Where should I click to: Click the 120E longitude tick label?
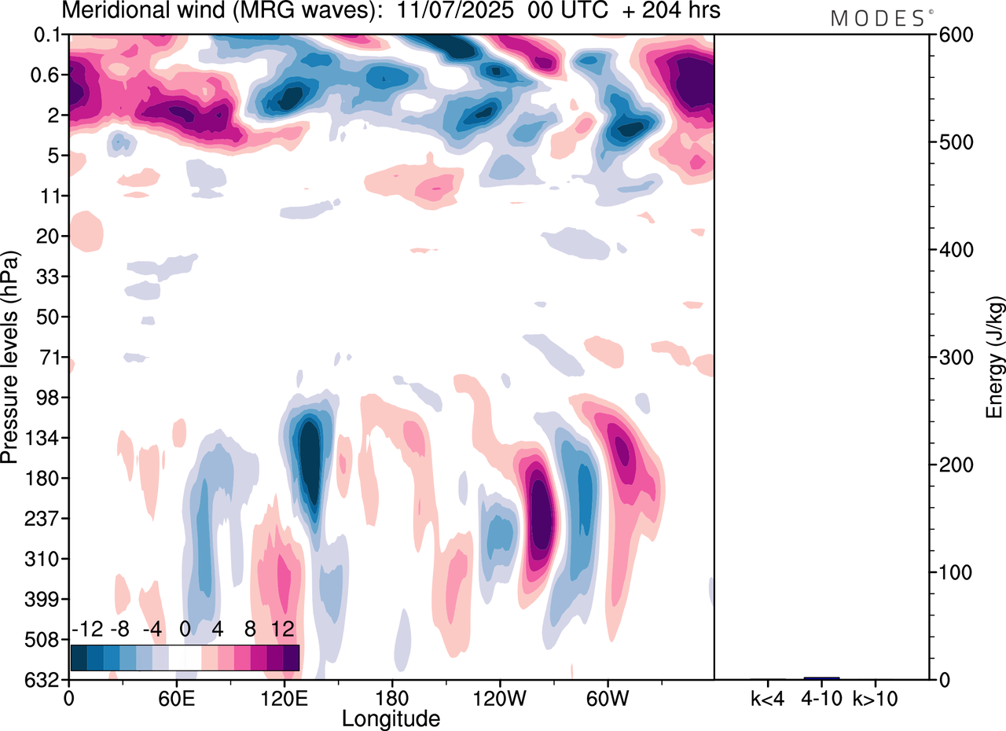click(x=284, y=698)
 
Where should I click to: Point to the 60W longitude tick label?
click(x=607, y=698)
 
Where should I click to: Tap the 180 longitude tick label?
click(x=391, y=698)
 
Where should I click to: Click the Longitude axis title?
click(x=391, y=718)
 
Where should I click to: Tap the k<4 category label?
click(x=768, y=698)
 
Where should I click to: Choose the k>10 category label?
click(x=876, y=698)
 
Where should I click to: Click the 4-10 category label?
click(x=821, y=698)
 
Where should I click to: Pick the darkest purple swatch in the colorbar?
click(x=291, y=658)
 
